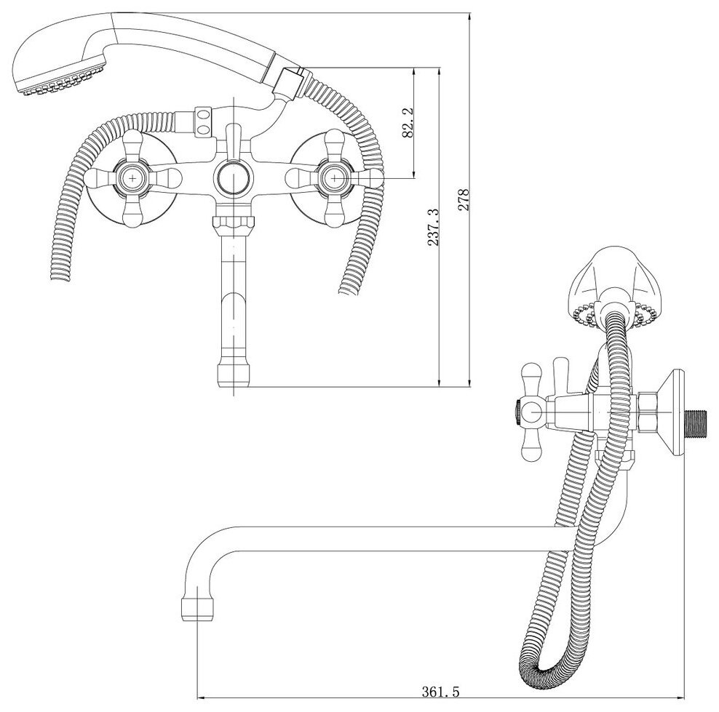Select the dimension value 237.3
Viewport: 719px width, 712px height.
(x=434, y=228)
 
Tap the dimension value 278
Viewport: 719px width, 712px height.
(x=465, y=199)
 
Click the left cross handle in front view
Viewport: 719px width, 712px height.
(x=133, y=177)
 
